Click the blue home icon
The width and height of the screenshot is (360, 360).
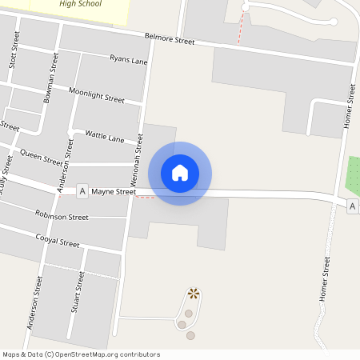[180, 173]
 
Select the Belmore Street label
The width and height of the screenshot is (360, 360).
[170, 38]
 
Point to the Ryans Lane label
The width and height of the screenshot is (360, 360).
[129, 60]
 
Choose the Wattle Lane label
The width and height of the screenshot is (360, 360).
[105, 138]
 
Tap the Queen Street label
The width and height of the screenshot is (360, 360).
[42, 157]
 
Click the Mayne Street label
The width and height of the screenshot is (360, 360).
[114, 192]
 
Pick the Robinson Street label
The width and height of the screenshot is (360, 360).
[62, 216]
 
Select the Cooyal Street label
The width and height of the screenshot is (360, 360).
[58, 241]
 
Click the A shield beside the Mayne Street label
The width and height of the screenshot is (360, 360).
[82, 192]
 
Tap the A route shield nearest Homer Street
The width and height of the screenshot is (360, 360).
[353, 207]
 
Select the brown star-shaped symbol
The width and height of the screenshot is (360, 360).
[193, 294]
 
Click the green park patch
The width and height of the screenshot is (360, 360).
[353, 175]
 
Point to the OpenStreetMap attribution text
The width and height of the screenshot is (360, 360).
[81, 354]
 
